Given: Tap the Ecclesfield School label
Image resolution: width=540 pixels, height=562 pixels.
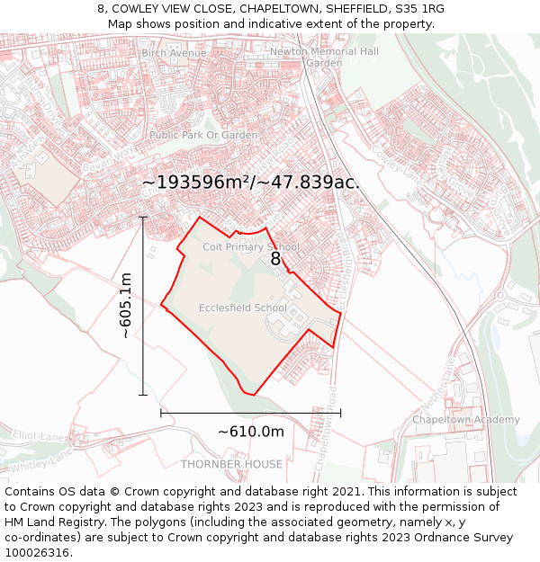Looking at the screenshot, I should coord(242,308).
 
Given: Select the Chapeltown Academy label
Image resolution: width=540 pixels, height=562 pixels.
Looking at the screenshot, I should coord(465,420).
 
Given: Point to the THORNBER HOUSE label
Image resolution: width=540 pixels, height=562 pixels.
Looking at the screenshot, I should coord(231,465).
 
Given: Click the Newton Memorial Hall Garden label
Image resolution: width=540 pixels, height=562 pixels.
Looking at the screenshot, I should coord(324,58).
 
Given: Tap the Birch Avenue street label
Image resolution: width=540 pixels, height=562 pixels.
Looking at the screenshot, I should coord(174,53).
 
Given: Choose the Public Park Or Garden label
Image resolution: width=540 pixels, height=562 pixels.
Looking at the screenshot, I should coord(203,135).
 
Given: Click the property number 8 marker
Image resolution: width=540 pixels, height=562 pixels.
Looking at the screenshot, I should coord(276,259).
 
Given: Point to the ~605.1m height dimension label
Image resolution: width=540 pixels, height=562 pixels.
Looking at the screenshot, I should coord(126,307).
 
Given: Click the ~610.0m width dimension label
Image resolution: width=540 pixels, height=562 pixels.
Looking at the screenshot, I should coord(251,432).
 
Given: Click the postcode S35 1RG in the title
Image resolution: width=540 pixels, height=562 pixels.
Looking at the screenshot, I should coord(421,9).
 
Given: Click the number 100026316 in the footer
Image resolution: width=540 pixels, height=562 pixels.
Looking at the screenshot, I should coord(39,553).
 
